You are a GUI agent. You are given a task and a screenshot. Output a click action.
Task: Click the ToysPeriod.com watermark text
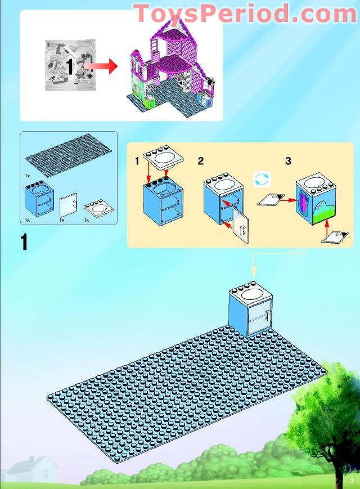click(246, 13)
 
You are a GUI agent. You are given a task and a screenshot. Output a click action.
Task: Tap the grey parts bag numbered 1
click(67, 66)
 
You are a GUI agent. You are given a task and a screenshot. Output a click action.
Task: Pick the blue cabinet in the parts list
click(39, 199)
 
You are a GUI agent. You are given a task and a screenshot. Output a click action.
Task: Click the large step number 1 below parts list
click(24, 242)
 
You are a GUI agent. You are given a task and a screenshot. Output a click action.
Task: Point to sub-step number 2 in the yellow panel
click(201, 161)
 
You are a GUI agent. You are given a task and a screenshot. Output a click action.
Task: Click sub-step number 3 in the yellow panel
click(288, 161)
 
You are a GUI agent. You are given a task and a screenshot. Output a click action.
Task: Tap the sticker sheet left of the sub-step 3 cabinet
click(270, 199)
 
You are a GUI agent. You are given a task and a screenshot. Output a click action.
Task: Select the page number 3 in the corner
click(350, 481)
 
